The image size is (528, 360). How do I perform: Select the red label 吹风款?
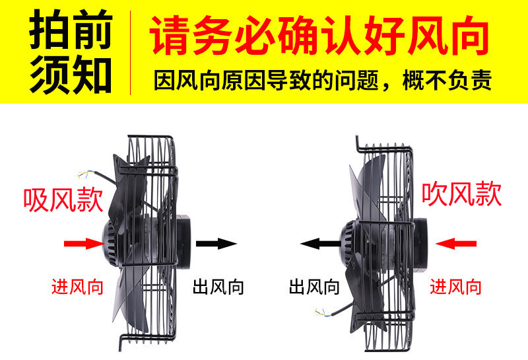tap(462, 194)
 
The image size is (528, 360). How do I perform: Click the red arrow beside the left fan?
tap(84, 244)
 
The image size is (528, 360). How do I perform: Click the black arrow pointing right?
tap(216, 244)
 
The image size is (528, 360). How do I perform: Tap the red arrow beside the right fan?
tap(456, 244)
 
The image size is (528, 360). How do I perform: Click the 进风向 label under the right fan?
tap(456, 286)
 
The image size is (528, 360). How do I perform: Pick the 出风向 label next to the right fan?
tap(314, 286)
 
